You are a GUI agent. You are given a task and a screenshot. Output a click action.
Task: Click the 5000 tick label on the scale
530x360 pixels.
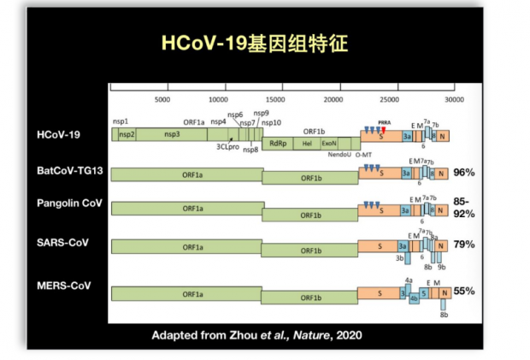tap(163, 100)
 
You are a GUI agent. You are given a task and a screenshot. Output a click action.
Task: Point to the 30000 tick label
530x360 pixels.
tap(454, 100)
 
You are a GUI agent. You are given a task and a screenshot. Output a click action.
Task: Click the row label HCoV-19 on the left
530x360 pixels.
tap(58, 134)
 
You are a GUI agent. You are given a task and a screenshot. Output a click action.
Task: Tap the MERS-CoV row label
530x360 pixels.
tap(62, 284)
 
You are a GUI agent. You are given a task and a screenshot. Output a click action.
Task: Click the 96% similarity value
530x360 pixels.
tap(463, 173)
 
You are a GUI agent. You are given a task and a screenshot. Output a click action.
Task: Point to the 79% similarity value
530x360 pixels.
tap(463, 245)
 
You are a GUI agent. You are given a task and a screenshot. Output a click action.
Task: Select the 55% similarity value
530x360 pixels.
tap(463, 291)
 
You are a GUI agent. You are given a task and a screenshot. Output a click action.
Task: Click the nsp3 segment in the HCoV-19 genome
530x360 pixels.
tap(173, 135)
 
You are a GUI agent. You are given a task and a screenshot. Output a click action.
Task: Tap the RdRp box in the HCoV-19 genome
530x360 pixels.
tap(277, 143)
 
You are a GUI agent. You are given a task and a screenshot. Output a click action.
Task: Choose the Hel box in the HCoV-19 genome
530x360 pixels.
tap(307, 143)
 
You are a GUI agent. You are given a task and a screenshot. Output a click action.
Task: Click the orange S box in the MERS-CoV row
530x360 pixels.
tap(379, 292)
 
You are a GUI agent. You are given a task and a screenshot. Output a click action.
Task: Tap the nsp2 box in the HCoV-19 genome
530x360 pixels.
tap(127, 135)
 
